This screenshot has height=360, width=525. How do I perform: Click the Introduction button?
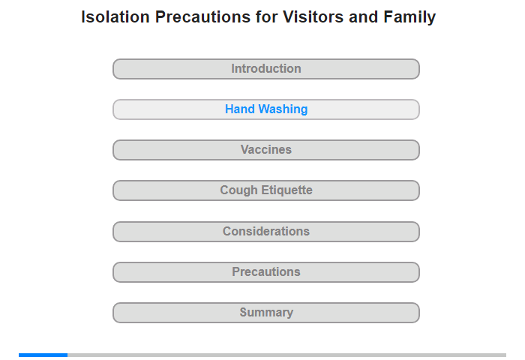click(266, 69)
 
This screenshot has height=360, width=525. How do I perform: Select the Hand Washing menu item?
click(266, 109)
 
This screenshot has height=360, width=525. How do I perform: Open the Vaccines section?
click(266, 150)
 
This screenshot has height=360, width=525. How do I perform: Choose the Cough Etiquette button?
click(266, 190)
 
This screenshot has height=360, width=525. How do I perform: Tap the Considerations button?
click(266, 232)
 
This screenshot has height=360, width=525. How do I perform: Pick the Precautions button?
click(266, 272)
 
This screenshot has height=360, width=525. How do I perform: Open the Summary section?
click(266, 313)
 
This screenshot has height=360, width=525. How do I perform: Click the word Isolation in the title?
click(115, 16)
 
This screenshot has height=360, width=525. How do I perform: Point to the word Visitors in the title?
click(313, 16)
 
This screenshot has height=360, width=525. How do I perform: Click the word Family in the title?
click(409, 17)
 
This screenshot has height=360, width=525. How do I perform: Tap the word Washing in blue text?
click(283, 109)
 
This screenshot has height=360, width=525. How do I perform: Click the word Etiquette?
click(287, 190)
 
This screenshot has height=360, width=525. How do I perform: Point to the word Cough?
click(239, 191)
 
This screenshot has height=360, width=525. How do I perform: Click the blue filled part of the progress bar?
click(43, 355)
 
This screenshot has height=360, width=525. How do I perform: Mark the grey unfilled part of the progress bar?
click(287, 355)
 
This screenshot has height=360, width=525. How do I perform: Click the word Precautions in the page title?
click(202, 16)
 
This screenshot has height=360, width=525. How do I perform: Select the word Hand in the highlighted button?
click(240, 109)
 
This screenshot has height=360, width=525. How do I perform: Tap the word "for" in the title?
click(266, 16)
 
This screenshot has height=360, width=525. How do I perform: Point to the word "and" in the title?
click(363, 16)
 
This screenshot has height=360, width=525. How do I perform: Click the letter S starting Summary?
click(244, 313)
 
